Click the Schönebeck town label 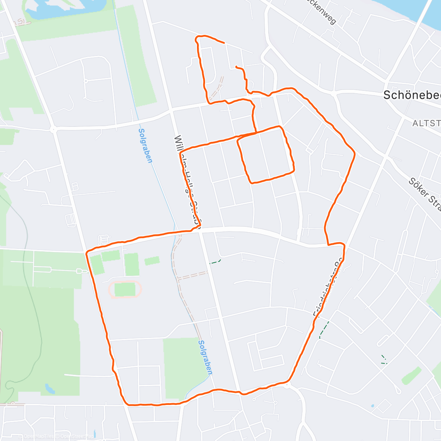pos(412,95)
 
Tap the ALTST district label pos(426,123)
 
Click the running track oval pos(125,289)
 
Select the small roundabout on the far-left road pos(53,129)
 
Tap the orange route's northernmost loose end pos(224,43)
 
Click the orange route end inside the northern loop pos(236,67)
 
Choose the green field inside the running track pos(125,289)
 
